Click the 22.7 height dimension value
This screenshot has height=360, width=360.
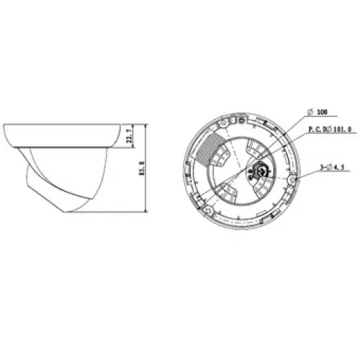pyautogui.click(x=130, y=136)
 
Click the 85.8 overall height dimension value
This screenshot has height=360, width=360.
pyautogui.click(x=143, y=168)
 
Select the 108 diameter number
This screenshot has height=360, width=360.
pyautogui.click(x=322, y=112)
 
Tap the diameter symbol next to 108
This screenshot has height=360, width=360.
pyautogui.click(x=310, y=112)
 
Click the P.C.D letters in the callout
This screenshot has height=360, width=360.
pyautogui.click(x=318, y=130)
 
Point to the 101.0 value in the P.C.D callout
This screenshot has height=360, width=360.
pyautogui.click(x=342, y=130)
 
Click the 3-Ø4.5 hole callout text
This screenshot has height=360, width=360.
pyautogui.click(x=332, y=167)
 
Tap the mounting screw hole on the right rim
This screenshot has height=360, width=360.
pyautogui.click(x=293, y=180)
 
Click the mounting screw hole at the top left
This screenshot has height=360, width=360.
pyautogui.click(x=223, y=124)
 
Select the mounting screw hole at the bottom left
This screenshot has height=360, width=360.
pyautogui.click(x=209, y=211)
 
